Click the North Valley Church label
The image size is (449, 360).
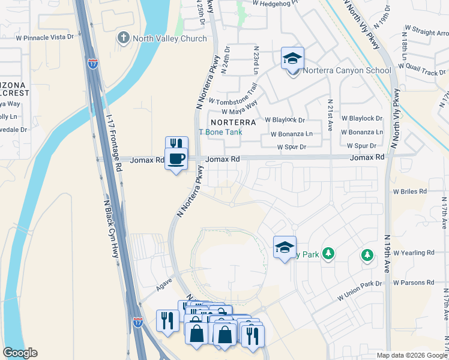170,39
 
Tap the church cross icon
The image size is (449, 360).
124,38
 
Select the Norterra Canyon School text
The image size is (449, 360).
346,71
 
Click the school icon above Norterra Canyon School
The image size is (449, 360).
292,58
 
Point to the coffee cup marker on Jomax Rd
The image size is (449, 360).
176,159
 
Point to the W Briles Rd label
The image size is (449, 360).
409,191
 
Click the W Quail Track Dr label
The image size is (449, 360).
423,67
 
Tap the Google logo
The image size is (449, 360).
20,353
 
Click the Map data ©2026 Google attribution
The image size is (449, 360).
411,355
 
